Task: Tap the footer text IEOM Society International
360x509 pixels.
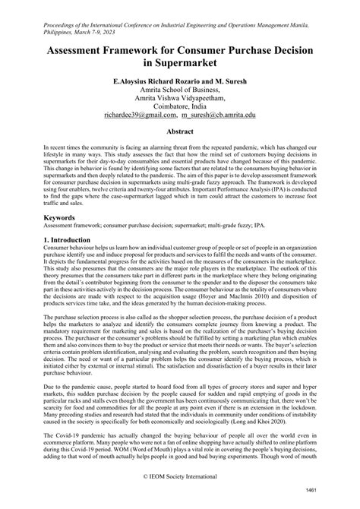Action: tap(179, 479)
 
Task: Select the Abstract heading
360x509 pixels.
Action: tap(179, 131)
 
